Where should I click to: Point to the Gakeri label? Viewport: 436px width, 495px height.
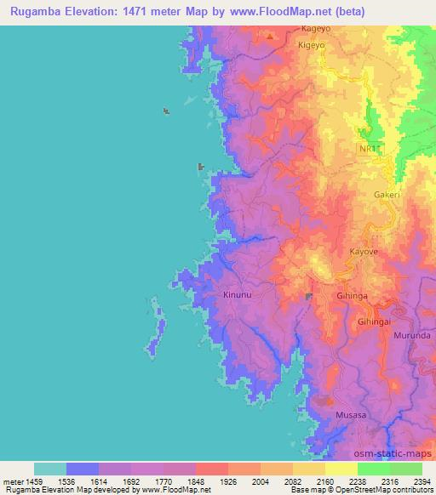[x=387, y=195]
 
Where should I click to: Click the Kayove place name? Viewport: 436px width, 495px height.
[x=364, y=253]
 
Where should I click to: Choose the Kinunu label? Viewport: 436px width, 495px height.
[x=237, y=295]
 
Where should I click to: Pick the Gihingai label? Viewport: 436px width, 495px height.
[x=374, y=322]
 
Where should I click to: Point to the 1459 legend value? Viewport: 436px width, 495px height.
[x=34, y=482]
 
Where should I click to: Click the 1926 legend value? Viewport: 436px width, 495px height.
[x=228, y=482]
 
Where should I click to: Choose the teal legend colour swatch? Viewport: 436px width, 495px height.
[x=50, y=469]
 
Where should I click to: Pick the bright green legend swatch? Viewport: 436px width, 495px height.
[x=374, y=469]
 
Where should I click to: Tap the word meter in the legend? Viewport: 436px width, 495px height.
[x=12, y=482]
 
